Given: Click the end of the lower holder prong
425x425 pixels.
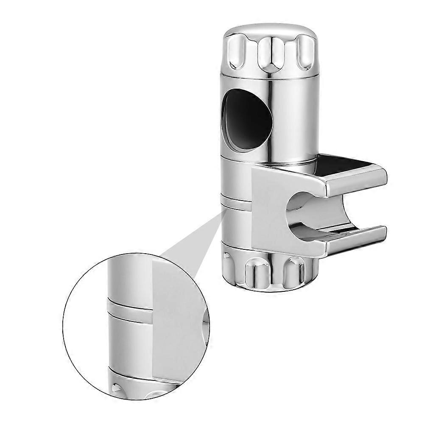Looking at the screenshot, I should click(380, 234).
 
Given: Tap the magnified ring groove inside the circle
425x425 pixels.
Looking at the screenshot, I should click(127, 310).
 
